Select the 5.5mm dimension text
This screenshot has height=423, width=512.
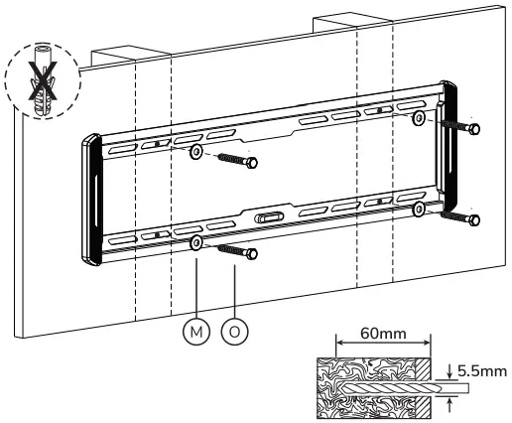(x=479, y=369)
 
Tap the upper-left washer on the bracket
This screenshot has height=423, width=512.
(x=197, y=152)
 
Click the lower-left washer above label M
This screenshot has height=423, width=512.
(x=195, y=242)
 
